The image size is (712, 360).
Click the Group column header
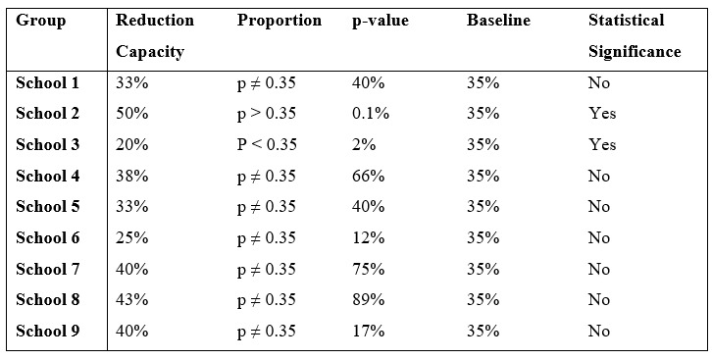pyautogui.click(x=41, y=21)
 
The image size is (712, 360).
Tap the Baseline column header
pyautogui.click(x=499, y=21)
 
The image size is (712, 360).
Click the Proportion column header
pyautogui.click(x=279, y=21)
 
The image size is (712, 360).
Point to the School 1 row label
pyautogui.click(x=48, y=83)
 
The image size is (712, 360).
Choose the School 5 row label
pyautogui.click(x=48, y=207)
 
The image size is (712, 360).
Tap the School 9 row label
pyautogui.click(x=48, y=332)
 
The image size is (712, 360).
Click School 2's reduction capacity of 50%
pyautogui.click(x=131, y=114)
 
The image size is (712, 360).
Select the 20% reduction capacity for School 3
pyautogui.click(x=131, y=145)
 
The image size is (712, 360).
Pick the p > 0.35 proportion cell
pyautogui.click(x=267, y=114)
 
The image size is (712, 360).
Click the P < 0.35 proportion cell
pyautogui.click(x=267, y=145)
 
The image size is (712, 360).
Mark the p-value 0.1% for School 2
pyautogui.click(x=371, y=114)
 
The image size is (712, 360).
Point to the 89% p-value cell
pyautogui.click(x=368, y=300)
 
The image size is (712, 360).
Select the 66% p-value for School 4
pyautogui.click(x=368, y=177)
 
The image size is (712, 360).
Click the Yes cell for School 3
pyautogui.click(x=602, y=145)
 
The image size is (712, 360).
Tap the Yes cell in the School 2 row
pyautogui.click(x=602, y=114)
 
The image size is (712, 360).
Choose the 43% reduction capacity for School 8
pyautogui.click(x=131, y=300)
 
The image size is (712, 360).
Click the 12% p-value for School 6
pyautogui.click(x=368, y=238)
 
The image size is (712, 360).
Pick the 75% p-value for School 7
pyautogui.click(x=368, y=270)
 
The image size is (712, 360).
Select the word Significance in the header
pyautogui.click(x=634, y=52)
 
